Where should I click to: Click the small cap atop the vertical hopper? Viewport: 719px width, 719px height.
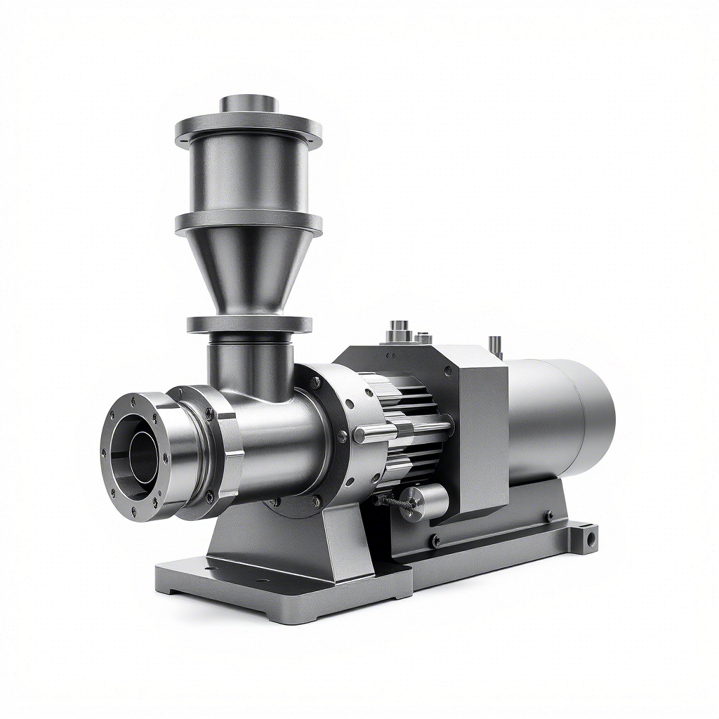tap(249, 104)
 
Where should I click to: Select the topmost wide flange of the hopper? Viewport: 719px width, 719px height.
tap(249, 129)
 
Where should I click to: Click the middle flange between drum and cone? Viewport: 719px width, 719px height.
tap(249, 223)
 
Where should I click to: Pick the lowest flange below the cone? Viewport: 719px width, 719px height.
tap(249, 324)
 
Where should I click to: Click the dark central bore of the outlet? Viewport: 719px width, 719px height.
tap(140, 456)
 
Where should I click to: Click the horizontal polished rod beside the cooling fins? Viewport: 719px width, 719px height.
tap(376, 434)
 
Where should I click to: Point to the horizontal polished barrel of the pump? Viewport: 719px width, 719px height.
tap(281, 442)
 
